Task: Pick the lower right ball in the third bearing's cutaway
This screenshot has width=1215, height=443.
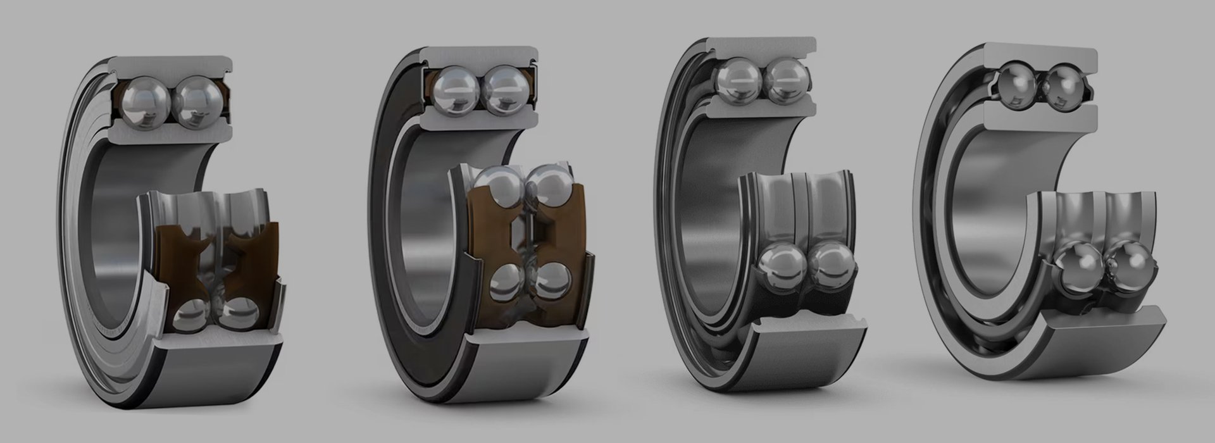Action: coord(833,266)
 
